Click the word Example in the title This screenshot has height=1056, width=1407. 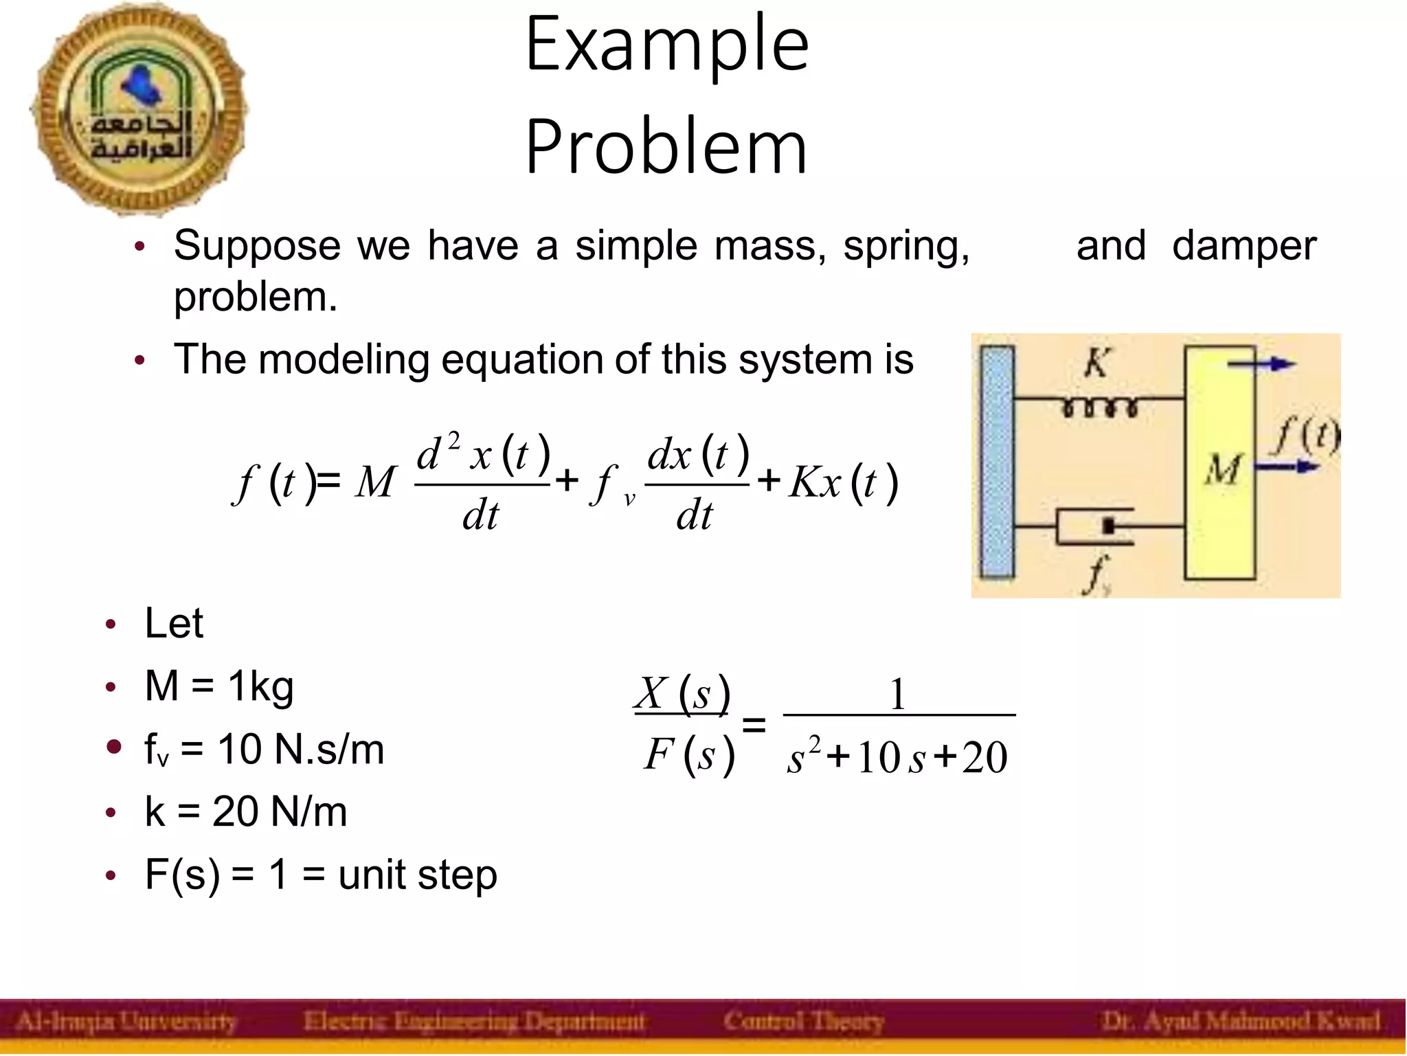(667, 45)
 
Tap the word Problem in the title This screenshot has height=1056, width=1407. (666, 146)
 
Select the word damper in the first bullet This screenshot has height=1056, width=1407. (1243, 246)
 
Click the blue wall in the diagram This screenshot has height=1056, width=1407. (997, 462)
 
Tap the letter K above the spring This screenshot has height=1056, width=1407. (1096, 362)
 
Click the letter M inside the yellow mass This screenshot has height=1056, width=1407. (1222, 471)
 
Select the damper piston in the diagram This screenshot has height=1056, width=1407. (1107, 526)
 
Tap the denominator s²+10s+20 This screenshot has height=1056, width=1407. (897, 757)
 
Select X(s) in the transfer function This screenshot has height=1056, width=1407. (683, 694)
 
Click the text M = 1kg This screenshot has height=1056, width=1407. (219, 686)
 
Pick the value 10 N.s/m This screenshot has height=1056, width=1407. (301, 749)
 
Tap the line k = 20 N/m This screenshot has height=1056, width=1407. (246, 812)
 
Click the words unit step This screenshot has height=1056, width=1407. (418, 875)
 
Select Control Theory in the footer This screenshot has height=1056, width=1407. (803, 1022)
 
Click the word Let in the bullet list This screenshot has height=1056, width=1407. (174, 624)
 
